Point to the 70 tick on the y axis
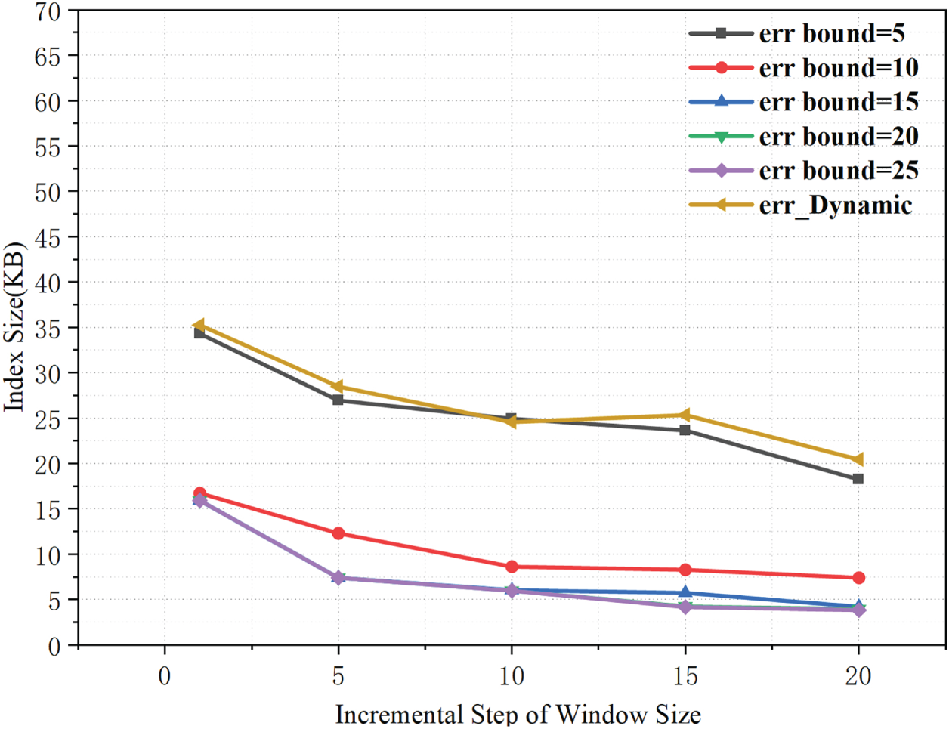pos(48,11)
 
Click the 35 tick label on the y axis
pos(48,328)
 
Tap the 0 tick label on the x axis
pos(165,675)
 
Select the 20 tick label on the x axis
pos(858,675)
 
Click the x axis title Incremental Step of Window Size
pos(518,714)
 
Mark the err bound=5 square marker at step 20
pos(858,479)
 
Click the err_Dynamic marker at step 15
pos(685,415)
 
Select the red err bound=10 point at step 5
pos(338,533)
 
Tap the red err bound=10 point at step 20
pos(858,578)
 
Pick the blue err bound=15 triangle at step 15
pos(685,592)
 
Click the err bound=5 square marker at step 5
pos(338,400)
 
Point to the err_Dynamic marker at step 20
pos(858,459)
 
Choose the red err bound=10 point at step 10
pos(512,567)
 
